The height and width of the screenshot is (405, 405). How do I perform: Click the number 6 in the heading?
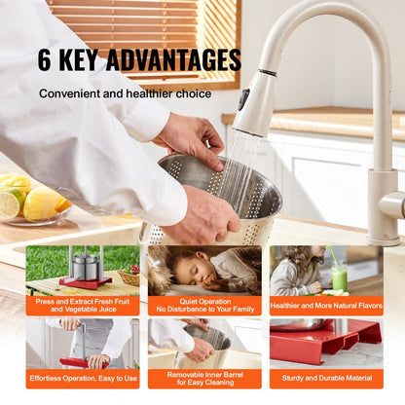tap(47, 59)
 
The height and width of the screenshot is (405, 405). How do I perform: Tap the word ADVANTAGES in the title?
tap(173, 59)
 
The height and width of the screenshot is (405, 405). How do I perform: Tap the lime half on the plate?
tap(10, 203)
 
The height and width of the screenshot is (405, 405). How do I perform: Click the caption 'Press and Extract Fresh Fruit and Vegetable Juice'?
tap(82, 305)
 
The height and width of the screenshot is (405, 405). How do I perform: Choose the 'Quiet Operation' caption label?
tap(203, 305)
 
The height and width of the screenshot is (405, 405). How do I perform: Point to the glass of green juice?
tap(338, 277)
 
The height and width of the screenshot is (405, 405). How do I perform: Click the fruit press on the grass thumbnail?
tap(86, 268)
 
